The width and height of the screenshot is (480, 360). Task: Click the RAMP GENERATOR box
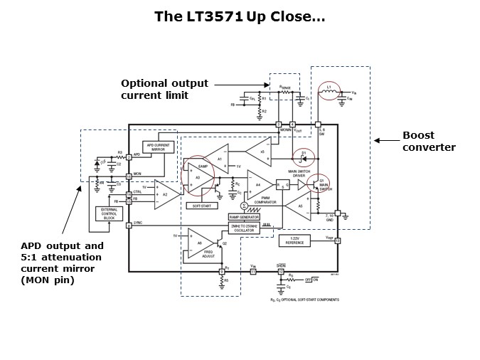click(x=243, y=216)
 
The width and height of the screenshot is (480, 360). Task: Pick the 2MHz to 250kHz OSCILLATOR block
click(x=243, y=228)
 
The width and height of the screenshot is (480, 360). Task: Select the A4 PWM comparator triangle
click(x=257, y=185)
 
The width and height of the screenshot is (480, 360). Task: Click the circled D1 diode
click(x=302, y=154)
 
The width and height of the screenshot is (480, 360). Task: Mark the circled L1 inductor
click(x=328, y=90)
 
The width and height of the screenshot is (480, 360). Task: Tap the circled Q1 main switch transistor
click(x=321, y=184)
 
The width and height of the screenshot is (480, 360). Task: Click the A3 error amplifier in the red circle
click(x=199, y=176)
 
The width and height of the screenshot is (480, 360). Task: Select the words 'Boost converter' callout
click(x=429, y=142)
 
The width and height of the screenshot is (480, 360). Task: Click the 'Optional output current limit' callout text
click(x=166, y=89)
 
